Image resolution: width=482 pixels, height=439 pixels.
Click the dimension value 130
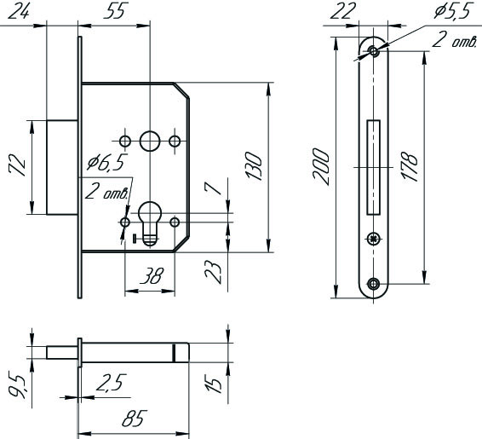click(255, 166)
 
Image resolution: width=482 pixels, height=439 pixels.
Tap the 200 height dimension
click(320, 166)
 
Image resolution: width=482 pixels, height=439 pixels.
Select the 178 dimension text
click(409, 166)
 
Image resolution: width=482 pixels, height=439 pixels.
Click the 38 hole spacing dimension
click(151, 275)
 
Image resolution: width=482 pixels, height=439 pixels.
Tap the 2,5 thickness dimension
click(111, 383)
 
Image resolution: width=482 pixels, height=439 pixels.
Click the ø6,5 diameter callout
click(107, 163)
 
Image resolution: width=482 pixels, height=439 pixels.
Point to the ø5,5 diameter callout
click(452, 12)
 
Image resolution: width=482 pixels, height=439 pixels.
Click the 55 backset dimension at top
click(115, 12)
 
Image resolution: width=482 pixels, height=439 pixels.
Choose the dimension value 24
click(19, 12)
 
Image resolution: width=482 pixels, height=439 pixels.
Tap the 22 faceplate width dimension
click(341, 12)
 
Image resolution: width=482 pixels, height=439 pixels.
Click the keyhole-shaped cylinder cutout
click(150, 223)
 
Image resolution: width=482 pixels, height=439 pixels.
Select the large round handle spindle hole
click(150, 142)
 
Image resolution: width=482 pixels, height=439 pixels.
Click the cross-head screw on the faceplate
click(374, 239)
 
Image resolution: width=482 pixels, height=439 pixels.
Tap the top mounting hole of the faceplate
click(374, 51)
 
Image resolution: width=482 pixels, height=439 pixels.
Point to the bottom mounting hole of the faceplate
click(374, 283)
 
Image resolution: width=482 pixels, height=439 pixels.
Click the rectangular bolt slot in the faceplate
click(374, 167)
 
